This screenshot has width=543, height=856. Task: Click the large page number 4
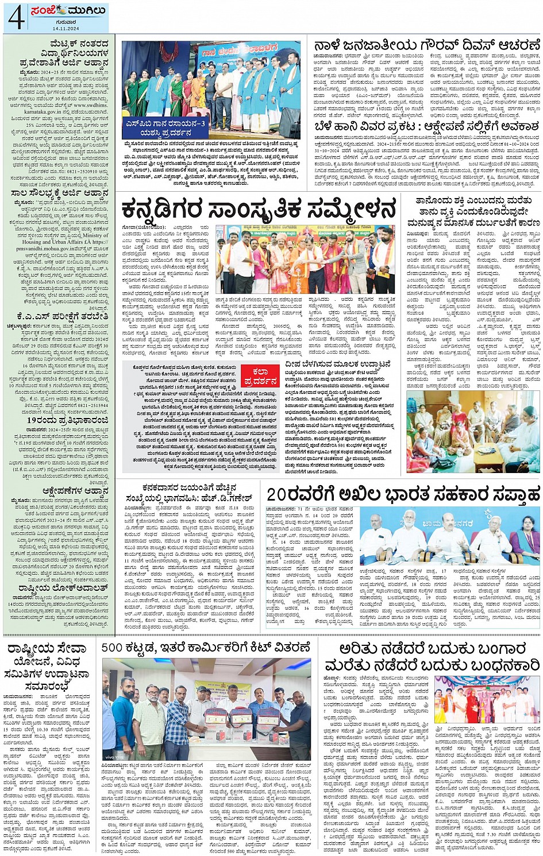pyautogui.click(x=16, y=17)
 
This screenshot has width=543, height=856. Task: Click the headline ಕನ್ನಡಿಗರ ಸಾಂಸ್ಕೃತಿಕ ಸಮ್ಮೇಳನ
pyautogui.click(x=259, y=209)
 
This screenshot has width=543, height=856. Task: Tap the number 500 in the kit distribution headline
pyautogui.click(x=114, y=648)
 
